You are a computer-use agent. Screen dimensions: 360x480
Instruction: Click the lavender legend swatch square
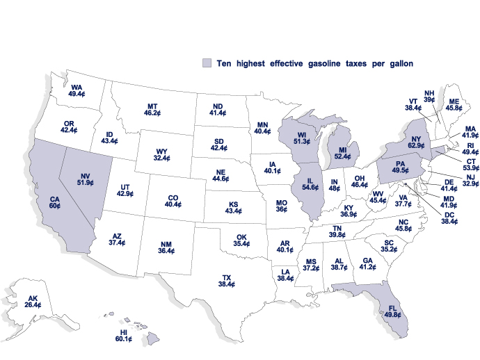pos(206,63)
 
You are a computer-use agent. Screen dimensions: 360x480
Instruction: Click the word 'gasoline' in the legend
pos(317,63)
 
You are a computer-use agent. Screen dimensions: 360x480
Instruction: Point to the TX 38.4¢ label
pos(227,280)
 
